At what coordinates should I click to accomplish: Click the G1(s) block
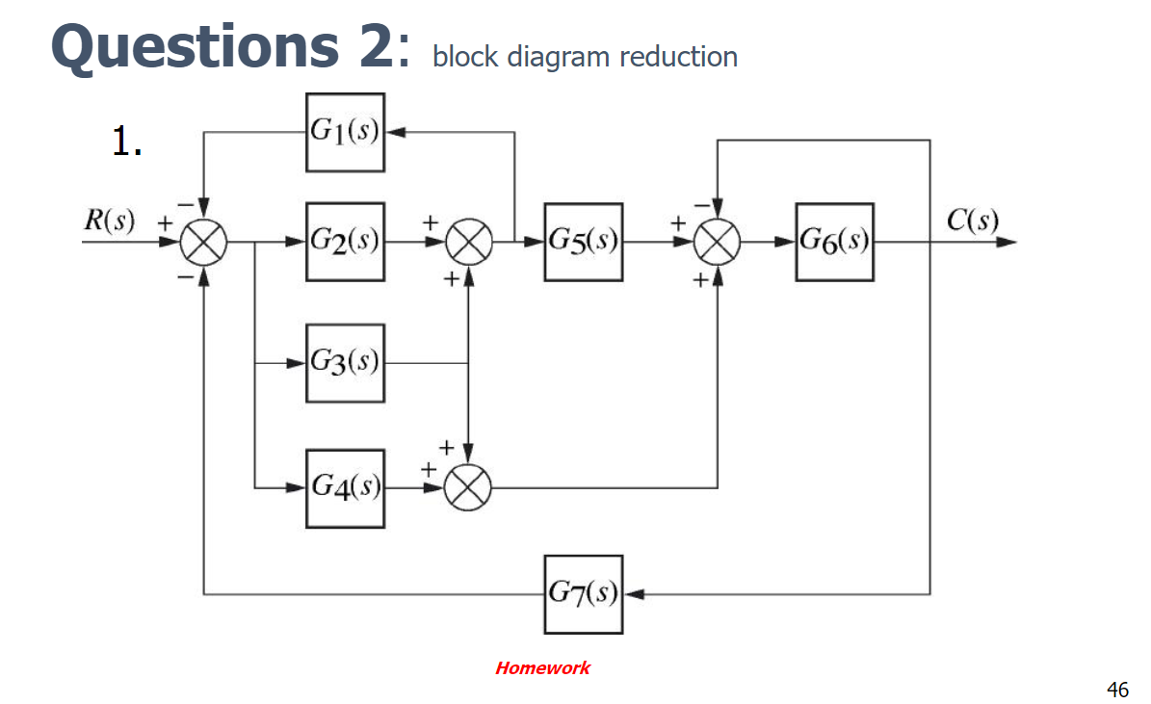(x=345, y=132)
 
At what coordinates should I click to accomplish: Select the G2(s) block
(x=345, y=242)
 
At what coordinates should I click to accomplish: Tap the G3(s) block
(x=345, y=363)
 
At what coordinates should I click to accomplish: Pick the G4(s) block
(x=345, y=488)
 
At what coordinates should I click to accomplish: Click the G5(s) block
(x=583, y=242)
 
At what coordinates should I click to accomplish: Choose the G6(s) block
(x=834, y=242)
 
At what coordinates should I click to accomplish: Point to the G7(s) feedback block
(x=583, y=594)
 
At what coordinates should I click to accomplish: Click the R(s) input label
(x=108, y=221)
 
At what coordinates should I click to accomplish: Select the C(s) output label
(x=971, y=221)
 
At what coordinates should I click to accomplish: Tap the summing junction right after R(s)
(x=204, y=242)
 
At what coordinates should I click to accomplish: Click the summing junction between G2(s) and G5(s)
(x=469, y=242)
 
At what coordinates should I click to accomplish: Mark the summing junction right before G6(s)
(x=718, y=242)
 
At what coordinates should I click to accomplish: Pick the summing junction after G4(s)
(x=469, y=488)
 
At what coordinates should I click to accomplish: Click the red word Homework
(x=542, y=667)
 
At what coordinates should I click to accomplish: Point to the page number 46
(x=1117, y=690)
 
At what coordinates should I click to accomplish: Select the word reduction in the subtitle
(x=678, y=57)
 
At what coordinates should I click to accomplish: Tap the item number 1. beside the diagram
(x=126, y=143)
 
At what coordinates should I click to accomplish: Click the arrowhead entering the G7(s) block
(x=632, y=594)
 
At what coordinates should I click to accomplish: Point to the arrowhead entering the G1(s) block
(x=394, y=132)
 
